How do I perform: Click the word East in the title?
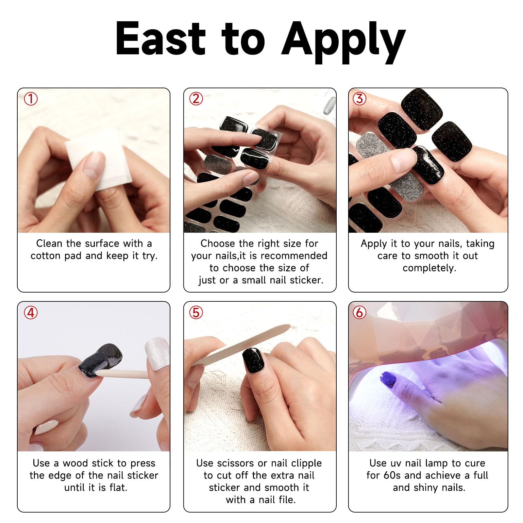point(160,39)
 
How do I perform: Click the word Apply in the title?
point(343,41)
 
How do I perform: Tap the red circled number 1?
point(31,99)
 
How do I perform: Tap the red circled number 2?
point(196,99)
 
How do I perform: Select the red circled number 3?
point(360,99)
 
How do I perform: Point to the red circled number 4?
point(31,313)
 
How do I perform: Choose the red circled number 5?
point(196,313)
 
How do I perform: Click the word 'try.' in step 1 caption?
point(150,256)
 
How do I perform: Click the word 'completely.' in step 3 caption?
point(429,268)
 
